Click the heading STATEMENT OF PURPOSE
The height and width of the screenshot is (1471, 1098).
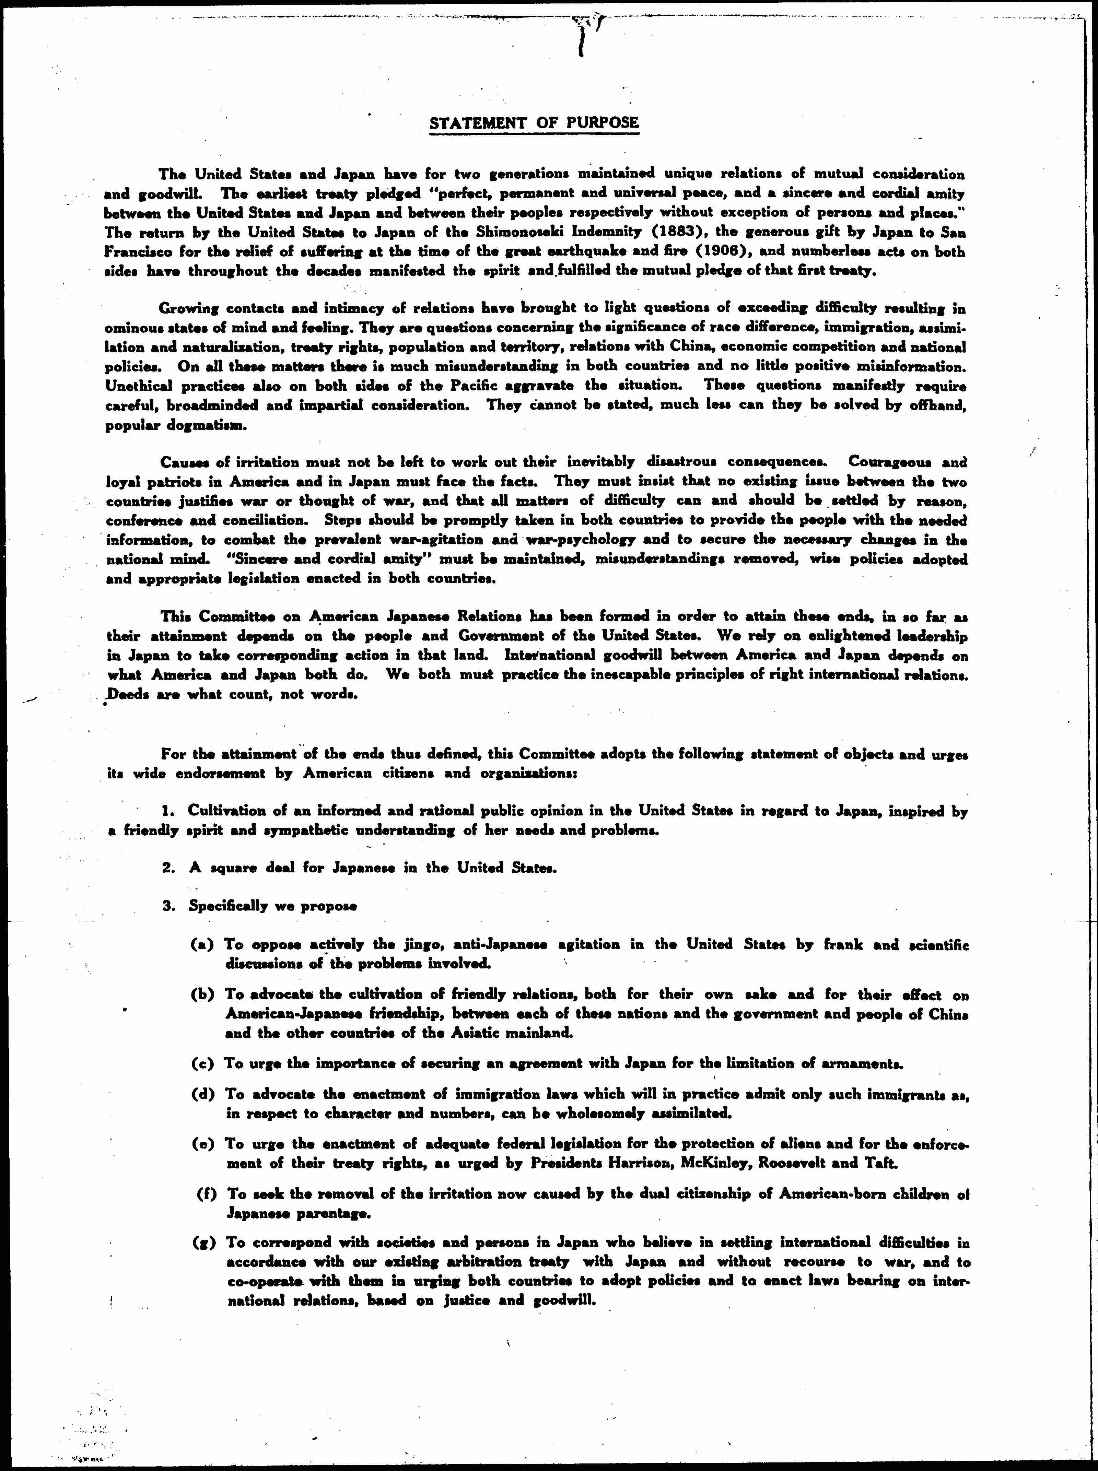pyautogui.click(x=534, y=123)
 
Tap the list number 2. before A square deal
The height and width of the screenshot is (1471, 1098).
pyautogui.click(x=169, y=868)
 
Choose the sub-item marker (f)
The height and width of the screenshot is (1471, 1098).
pyautogui.click(x=206, y=1175)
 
